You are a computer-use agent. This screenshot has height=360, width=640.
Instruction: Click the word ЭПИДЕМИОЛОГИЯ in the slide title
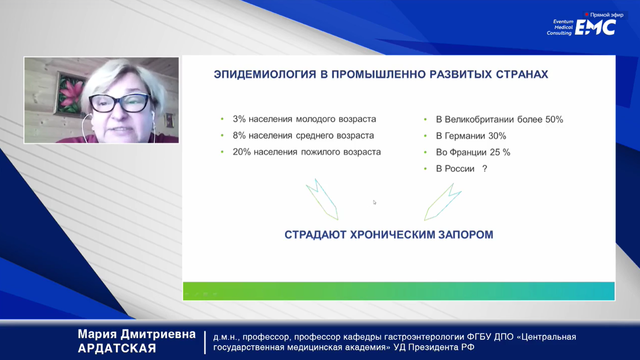tap(265, 74)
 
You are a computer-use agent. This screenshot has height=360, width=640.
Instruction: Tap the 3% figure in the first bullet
tap(239, 119)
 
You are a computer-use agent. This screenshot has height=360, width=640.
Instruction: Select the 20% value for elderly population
tap(242, 152)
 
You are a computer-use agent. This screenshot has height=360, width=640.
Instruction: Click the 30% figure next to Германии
tap(497, 136)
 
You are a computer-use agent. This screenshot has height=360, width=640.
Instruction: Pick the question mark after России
tap(485, 168)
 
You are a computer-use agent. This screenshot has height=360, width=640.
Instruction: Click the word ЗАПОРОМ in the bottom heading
tap(466, 235)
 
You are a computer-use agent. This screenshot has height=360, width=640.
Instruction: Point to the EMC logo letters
tap(595, 28)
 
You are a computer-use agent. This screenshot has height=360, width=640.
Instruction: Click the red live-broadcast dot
tap(587, 15)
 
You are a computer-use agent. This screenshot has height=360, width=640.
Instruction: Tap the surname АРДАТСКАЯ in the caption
tap(117, 348)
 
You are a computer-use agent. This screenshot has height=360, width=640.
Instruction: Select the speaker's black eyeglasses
tap(119, 103)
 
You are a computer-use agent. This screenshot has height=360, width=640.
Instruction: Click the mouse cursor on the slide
tap(374, 202)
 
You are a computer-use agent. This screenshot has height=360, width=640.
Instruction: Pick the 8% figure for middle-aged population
tap(239, 136)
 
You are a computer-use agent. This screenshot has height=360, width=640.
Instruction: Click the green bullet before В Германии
tap(425, 136)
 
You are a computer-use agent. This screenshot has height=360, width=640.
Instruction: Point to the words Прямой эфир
tap(607, 15)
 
